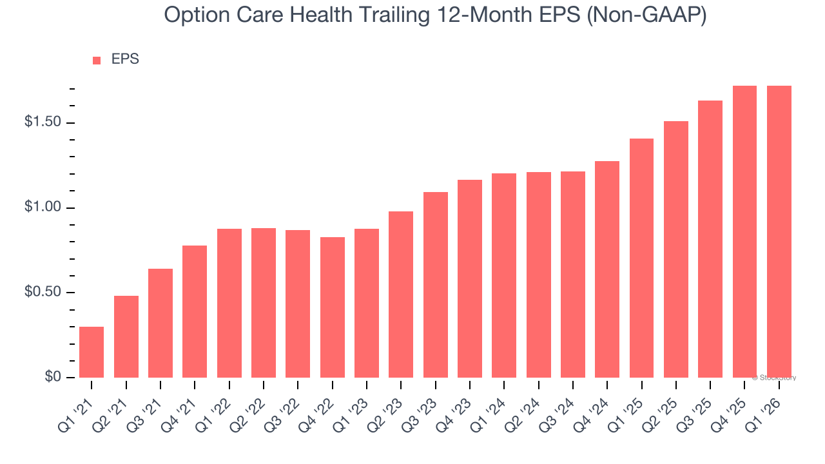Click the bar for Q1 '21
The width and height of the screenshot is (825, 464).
click(x=92, y=352)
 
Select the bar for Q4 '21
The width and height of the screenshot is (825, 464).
click(x=195, y=311)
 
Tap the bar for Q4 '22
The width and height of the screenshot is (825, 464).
click(x=332, y=307)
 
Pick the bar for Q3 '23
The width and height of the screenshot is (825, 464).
click(x=435, y=285)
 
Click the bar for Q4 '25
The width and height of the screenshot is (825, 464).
click(x=744, y=231)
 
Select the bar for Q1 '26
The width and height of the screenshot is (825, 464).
click(x=779, y=231)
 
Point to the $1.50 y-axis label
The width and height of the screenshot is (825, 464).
click(x=43, y=122)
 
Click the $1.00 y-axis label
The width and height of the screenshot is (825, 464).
click(x=43, y=208)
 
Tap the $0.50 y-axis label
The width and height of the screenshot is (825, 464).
click(x=43, y=293)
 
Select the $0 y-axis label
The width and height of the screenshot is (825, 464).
click(x=52, y=377)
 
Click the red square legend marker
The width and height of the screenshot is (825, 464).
click(x=97, y=60)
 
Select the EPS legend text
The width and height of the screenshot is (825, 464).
click(x=125, y=59)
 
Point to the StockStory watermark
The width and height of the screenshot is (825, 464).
click(x=774, y=378)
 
